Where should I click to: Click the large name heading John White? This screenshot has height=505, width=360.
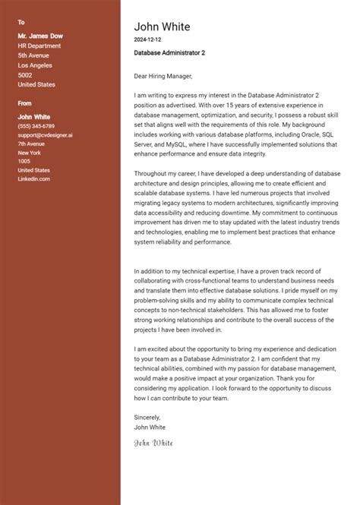point(162,27)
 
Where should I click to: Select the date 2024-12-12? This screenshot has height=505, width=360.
point(147,39)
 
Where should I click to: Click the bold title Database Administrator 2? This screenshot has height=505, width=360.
point(169,53)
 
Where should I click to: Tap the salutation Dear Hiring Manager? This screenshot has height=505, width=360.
point(163,76)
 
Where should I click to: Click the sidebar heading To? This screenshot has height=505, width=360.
point(21,23)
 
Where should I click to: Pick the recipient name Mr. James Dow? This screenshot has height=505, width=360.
point(40,36)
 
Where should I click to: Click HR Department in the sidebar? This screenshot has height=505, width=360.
point(39,46)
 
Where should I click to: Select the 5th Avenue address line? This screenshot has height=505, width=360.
point(33,55)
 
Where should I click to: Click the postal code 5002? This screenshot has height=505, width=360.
point(25,75)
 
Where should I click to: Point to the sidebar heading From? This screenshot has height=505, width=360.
point(24,103)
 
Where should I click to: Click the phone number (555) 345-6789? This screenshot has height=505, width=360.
point(36,125)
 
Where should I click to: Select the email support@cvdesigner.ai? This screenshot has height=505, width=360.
point(45,134)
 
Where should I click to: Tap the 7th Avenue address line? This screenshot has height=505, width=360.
point(32,144)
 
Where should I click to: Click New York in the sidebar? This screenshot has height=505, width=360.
point(30,153)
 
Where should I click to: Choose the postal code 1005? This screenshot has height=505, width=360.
point(24,161)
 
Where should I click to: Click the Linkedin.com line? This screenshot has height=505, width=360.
point(33,178)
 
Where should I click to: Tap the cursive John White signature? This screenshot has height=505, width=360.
point(153,441)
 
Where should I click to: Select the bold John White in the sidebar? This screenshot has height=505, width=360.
point(34,116)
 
